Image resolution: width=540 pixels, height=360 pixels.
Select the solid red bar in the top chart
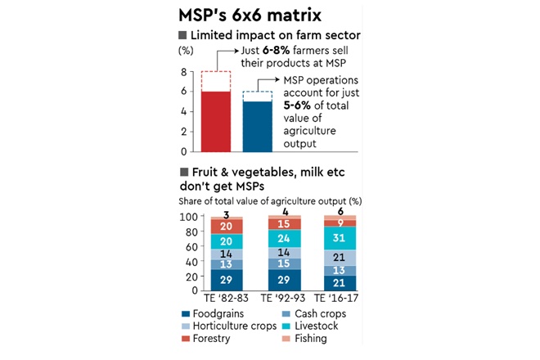[x=215, y=121]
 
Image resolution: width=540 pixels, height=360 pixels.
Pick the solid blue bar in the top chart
[x=258, y=126]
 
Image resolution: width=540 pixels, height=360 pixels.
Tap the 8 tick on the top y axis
[x=184, y=71]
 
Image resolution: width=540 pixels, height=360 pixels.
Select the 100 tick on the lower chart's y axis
[x=187, y=217]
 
